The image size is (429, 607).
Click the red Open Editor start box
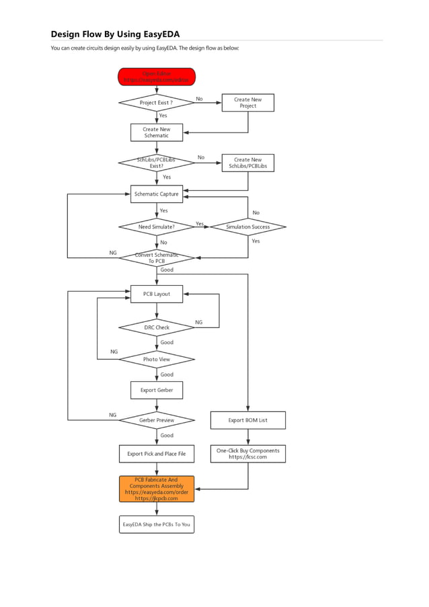pos(157,77)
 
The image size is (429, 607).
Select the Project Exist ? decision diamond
pos(157,103)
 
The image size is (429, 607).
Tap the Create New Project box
pos(247,103)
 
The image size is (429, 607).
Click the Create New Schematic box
pos(157,132)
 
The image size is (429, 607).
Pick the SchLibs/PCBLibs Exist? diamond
pos(157,163)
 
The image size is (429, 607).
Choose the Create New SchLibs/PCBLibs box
pos(247,163)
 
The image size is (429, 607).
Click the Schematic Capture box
pos(157,194)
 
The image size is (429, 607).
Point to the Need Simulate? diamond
pos(157,227)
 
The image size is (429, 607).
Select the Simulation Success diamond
pos(247,227)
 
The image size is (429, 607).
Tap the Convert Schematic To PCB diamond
pos(157,258)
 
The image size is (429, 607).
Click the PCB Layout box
pos(157,294)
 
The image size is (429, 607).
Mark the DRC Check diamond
pos(157,327)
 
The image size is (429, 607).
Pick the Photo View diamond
pos(157,360)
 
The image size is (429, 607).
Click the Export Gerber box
pos(157,390)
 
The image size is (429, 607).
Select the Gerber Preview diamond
pos(157,420)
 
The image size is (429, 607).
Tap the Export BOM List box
pos(247,420)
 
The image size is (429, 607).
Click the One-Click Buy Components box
pos(247,454)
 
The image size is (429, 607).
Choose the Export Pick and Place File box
pos(157,454)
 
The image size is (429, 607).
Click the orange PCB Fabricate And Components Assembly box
pos(157,489)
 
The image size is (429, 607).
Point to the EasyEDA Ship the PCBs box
pos(157,524)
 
